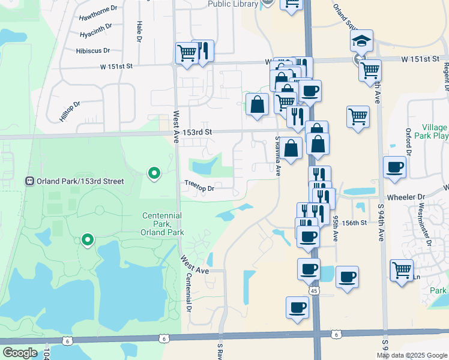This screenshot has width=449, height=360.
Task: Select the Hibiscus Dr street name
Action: [93, 51]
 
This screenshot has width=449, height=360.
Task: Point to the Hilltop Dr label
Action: [70, 112]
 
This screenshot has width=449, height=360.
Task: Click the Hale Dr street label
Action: [139, 31]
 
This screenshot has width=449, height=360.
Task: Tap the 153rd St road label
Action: [198, 132]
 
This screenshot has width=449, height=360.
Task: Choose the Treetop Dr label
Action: [199, 188]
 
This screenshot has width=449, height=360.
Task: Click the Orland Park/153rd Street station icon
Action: [29, 181]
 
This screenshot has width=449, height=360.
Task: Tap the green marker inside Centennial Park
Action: [88, 240]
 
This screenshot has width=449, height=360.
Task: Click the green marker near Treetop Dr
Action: [154, 173]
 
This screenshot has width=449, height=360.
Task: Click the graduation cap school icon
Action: [362, 41]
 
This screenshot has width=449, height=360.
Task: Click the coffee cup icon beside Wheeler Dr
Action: [394, 167]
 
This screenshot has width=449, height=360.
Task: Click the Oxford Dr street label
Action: [408, 142]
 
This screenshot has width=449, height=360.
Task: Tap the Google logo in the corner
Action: [20, 353]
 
